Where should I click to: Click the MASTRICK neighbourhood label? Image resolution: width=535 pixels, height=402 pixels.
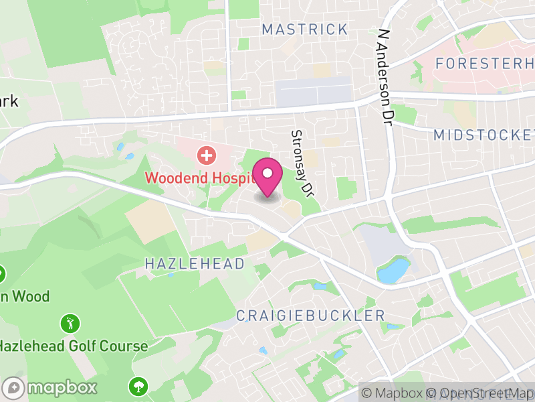pos(305,29)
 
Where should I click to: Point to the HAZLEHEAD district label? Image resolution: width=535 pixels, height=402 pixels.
pos(195,264)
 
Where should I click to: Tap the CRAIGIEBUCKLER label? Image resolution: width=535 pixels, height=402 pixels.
pos(310,316)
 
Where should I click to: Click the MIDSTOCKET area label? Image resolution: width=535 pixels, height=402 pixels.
pos(483,135)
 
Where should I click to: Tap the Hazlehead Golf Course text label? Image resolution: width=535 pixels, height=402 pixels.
pos(74,346)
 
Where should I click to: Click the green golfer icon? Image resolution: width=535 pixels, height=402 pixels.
pos(70,324)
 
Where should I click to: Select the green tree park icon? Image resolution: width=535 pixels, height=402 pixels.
pos(138,386)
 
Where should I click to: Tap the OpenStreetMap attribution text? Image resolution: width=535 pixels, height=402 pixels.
pos(481,393)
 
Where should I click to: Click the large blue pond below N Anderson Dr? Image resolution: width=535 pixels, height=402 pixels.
pos(393,271)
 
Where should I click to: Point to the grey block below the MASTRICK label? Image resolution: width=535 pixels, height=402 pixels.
pos(314,91)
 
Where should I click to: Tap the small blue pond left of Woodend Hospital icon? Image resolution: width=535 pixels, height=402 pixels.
pos(121,146)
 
